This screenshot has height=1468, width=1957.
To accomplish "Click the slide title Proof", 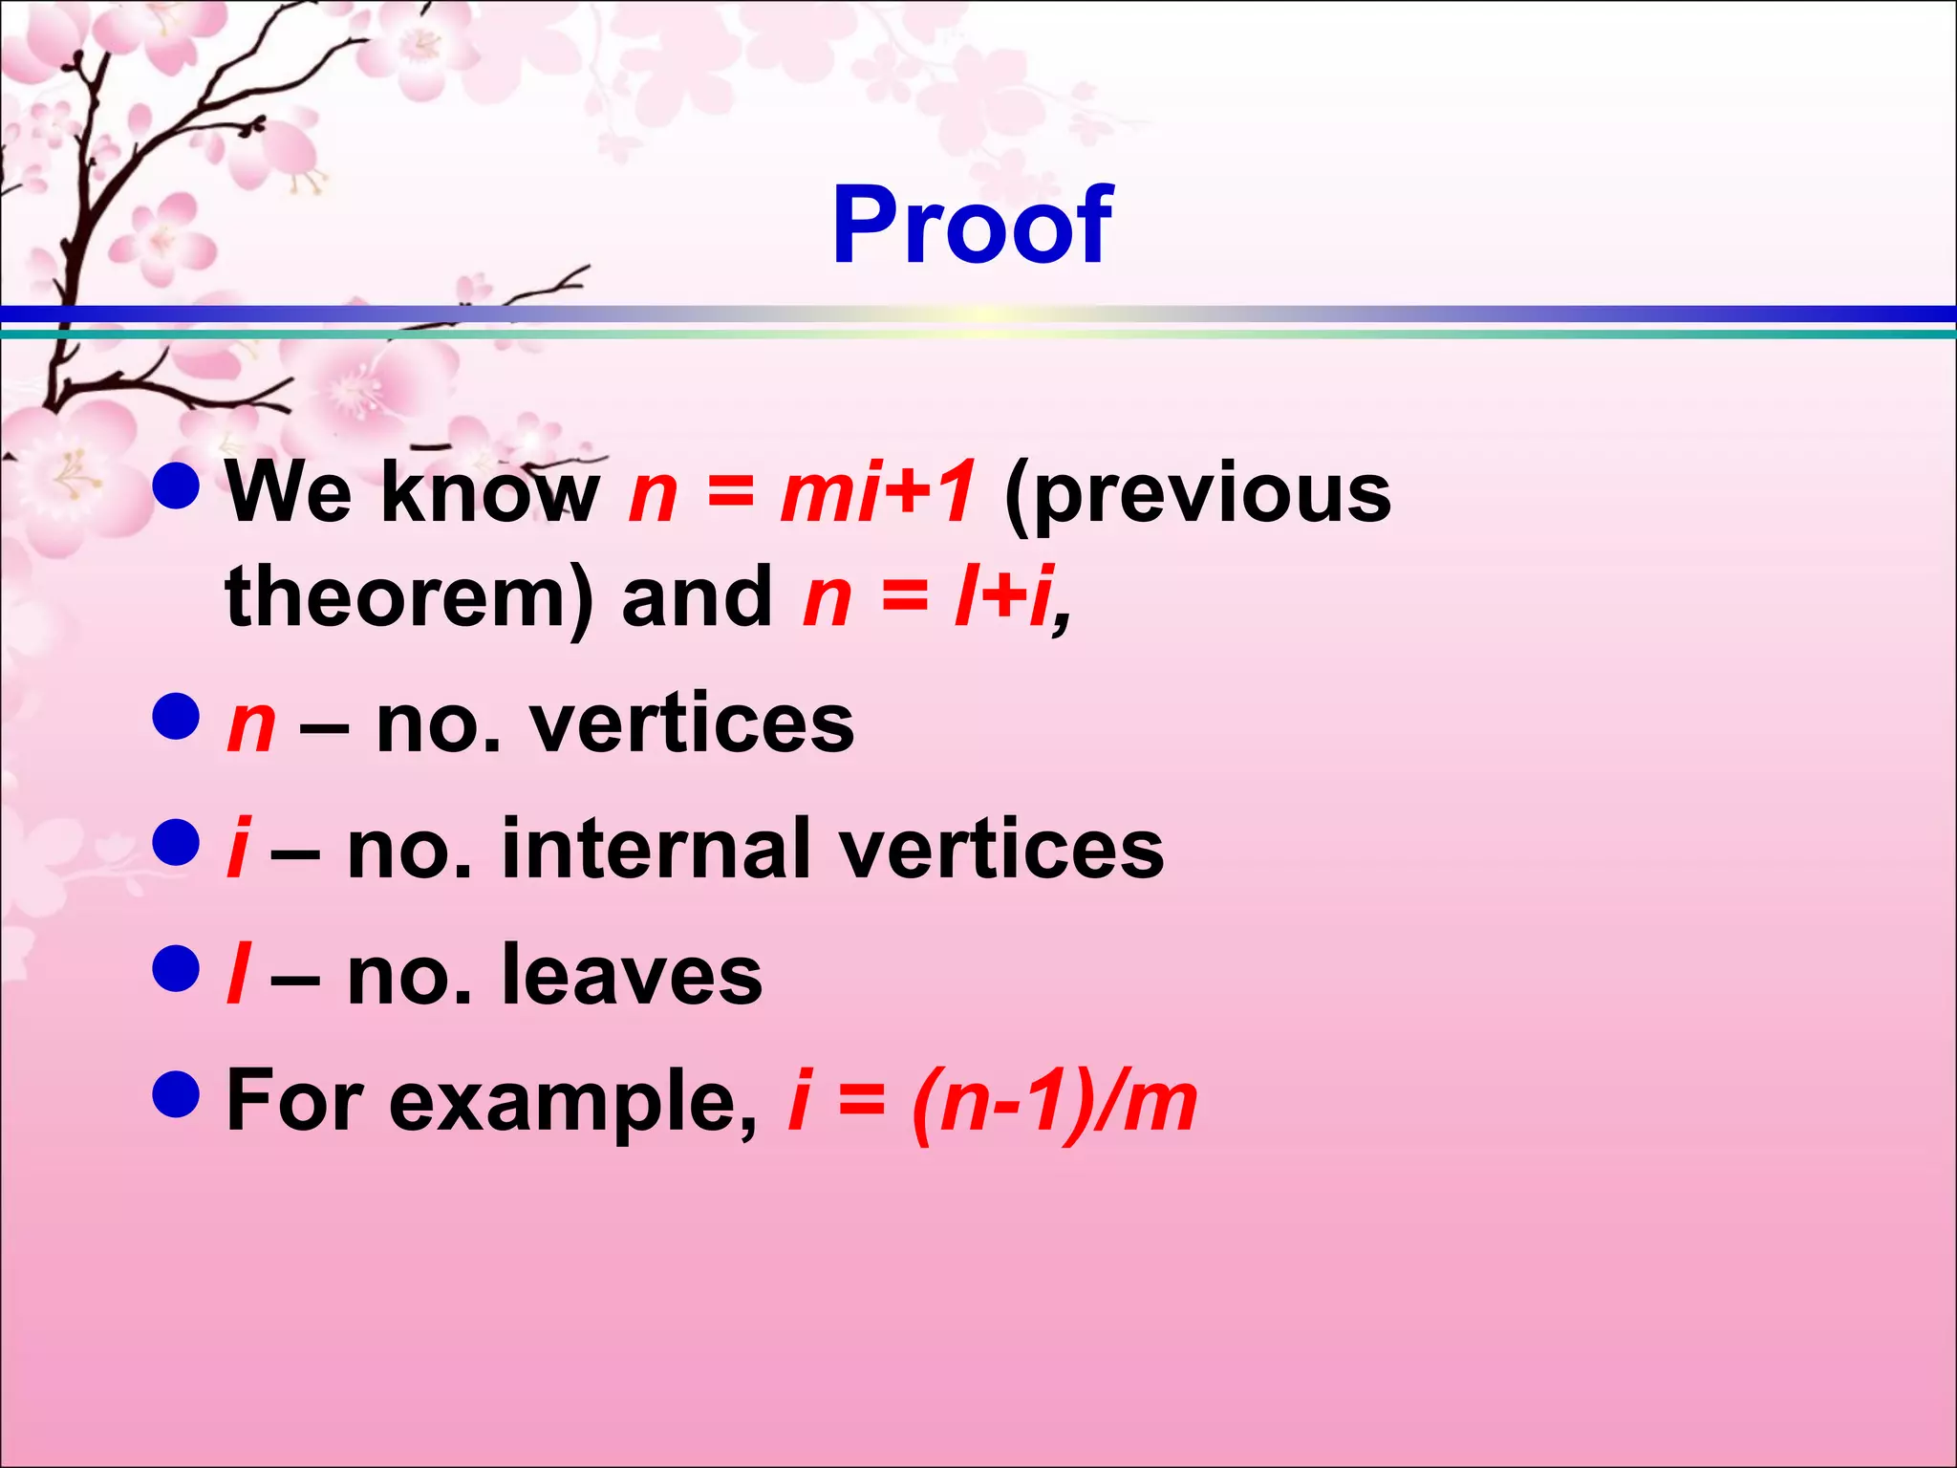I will (x=972, y=226).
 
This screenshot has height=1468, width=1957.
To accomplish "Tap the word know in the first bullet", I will (x=490, y=493).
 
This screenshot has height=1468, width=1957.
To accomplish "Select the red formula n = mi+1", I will (x=802, y=493).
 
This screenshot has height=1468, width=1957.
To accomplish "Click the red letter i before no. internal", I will (x=238, y=849).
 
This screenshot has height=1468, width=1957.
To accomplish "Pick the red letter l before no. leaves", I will (x=238, y=975).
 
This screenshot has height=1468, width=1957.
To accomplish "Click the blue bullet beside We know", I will (x=176, y=486).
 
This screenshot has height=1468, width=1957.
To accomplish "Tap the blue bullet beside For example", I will (x=176, y=1093).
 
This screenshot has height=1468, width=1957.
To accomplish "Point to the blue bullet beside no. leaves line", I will (x=176, y=968).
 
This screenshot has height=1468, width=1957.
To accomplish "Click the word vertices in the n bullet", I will (x=693, y=724).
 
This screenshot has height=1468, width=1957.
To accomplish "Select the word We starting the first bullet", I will (x=290, y=493).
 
